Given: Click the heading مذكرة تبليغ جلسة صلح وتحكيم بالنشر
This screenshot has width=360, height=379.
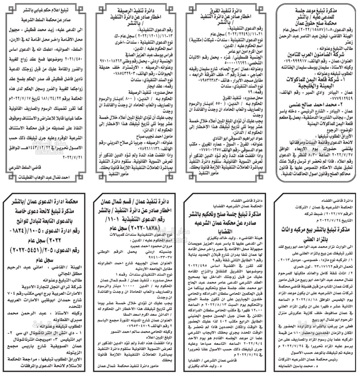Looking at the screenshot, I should click(228, 215).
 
